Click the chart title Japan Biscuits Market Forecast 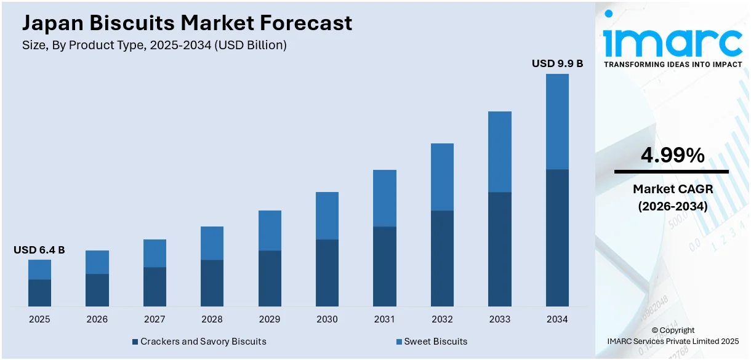(187, 23)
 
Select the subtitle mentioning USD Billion (154, 45)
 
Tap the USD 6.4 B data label (39, 250)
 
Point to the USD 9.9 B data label (557, 63)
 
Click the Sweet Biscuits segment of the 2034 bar (557, 121)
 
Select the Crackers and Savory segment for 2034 (557, 238)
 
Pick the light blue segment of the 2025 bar (39, 270)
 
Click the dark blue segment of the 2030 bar (327, 273)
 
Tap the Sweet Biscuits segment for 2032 (442, 177)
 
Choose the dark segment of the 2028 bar (212, 283)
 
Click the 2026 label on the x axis (97, 319)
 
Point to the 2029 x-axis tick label (270, 319)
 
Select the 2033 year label (499, 319)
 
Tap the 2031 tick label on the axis (385, 319)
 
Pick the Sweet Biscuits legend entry (432, 341)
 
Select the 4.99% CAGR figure (672, 156)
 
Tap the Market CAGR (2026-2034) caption (672, 198)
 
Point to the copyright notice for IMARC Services (672, 335)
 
